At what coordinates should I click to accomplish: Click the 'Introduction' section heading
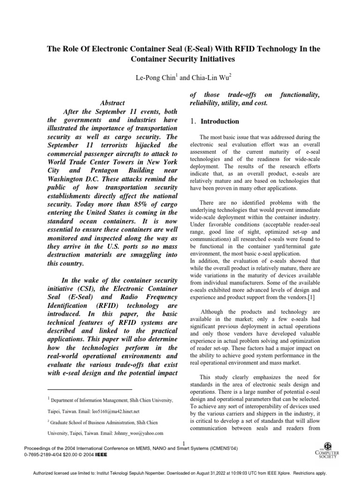tap(220, 121)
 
